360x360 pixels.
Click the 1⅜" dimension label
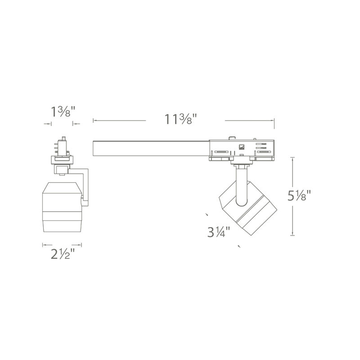click(x=63, y=112)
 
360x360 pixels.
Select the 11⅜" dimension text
click(x=181, y=119)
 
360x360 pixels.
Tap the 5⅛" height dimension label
click(x=299, y=196)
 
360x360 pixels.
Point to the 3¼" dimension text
click(x=219, y=232)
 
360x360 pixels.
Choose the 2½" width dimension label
click(x=63, y=254)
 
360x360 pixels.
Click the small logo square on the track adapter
click(x=241, y=147)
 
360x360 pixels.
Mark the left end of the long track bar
click(x=93, y=149)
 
